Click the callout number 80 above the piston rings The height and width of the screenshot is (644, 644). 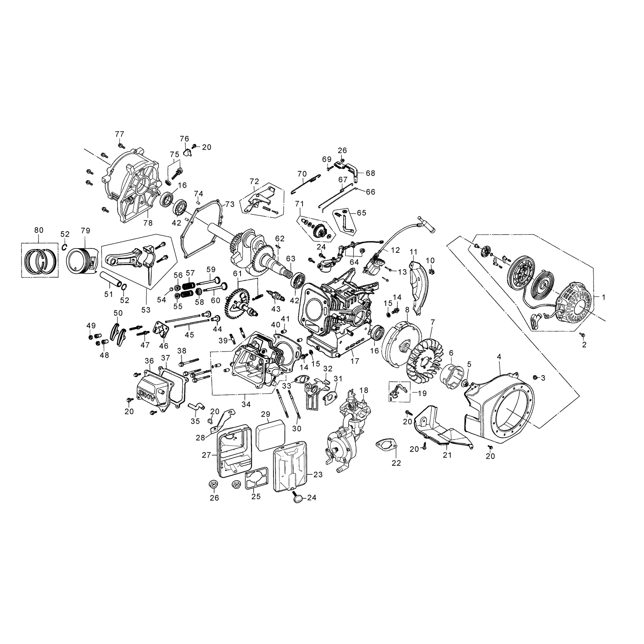[x=38, y=230]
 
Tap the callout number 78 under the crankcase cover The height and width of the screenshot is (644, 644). [x=148, y=223]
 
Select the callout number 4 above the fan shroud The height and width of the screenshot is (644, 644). [x=499, y=357]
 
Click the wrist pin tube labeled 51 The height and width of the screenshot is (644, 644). [x=111, y=279]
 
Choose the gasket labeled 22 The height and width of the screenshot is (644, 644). [x=387, y=445]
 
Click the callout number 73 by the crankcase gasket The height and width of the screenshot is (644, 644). [x=229, y=204]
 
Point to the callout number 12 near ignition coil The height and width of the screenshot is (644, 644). [x=395, y=250]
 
